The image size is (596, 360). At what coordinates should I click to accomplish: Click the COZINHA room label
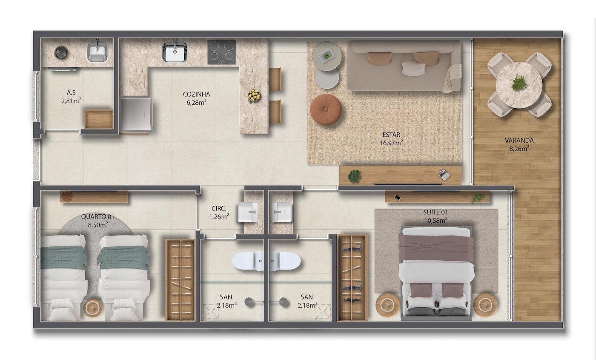(x=196, y=94)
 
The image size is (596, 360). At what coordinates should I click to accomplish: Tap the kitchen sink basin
(x=175, y=52)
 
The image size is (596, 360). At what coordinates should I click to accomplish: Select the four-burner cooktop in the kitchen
(x=221, y=52)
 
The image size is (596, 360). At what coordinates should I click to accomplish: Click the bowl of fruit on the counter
(x=254, y=95)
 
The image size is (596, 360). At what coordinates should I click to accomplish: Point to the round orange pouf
(x=326, y=109)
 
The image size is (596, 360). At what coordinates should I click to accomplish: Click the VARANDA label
(x=519, y=140)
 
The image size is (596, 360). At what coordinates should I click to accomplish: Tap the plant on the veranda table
(x=519, y=82)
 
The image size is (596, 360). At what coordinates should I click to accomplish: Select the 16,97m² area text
(x=391, y=143)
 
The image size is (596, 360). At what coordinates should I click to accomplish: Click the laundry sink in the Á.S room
(x=97, y=52)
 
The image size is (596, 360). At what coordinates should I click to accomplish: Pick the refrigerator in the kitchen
(x=137, y=114)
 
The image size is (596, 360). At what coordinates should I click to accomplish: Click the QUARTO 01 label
(x=97, y=217)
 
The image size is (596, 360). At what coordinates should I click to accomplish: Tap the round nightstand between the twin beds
(x=93, y=308)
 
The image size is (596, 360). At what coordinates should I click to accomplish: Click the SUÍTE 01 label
(x=436, y=213)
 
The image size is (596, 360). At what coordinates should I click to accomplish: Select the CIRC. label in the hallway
(x=219, y=208)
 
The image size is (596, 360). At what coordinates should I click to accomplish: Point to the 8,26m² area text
(x=519, y=149)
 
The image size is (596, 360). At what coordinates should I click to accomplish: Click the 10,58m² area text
(x=436, y=221)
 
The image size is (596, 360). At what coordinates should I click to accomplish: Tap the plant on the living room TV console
(x=354, y=176)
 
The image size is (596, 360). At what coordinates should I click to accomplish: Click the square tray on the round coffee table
(x=326, y=56)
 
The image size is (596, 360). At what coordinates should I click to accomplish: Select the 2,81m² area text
(x=71, y=101)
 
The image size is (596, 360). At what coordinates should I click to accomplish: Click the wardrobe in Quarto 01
(x=180, y=280)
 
